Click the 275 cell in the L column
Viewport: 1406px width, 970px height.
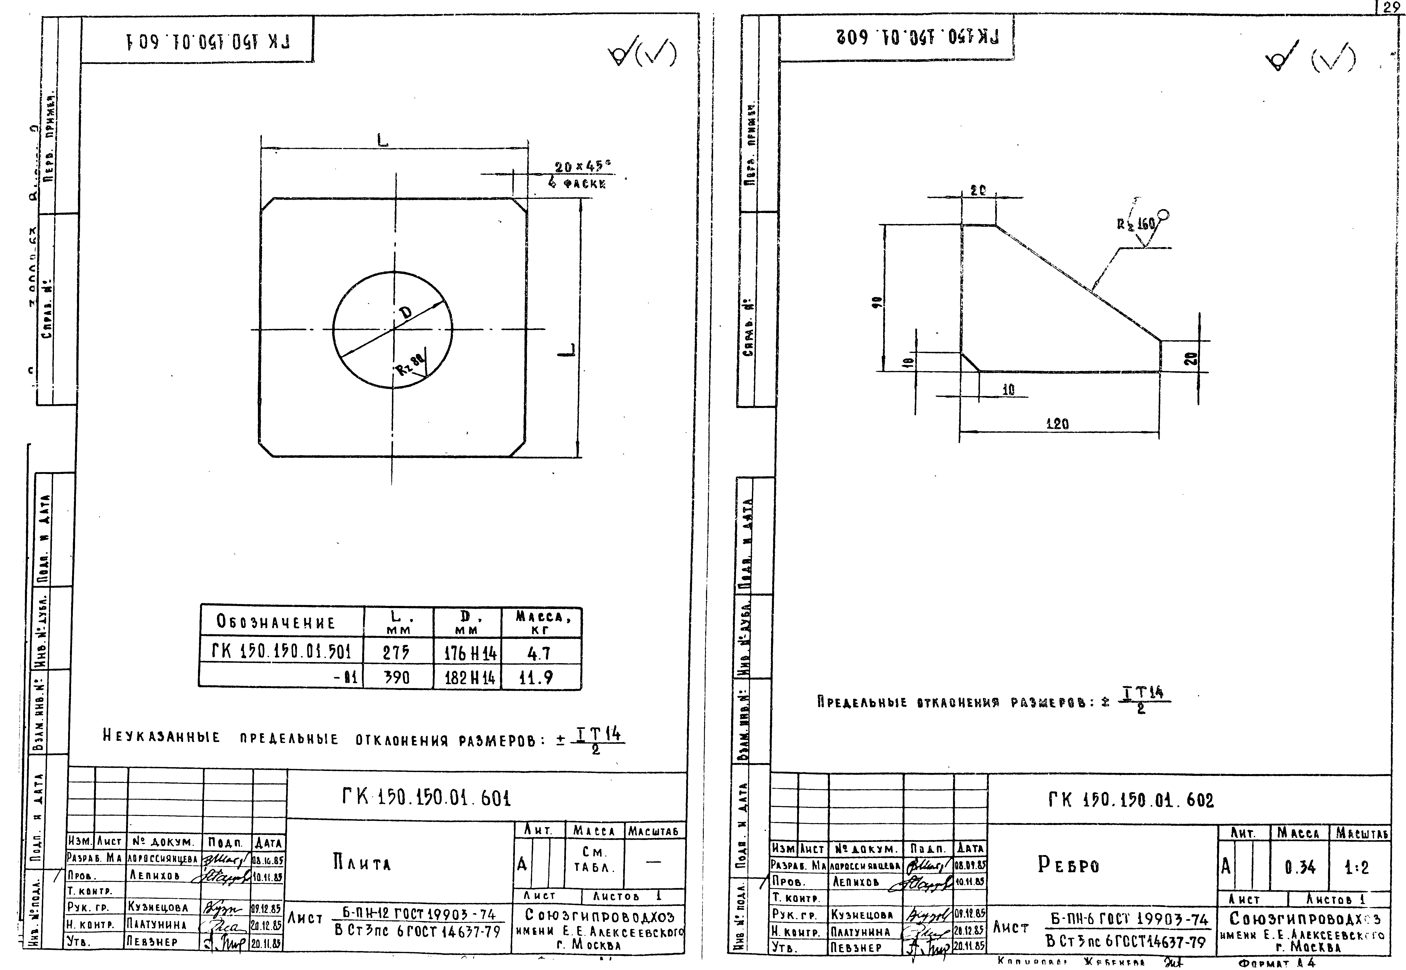point(396,653)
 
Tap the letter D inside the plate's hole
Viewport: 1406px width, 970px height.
point(405,312)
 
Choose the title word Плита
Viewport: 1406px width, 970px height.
point(362,863)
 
